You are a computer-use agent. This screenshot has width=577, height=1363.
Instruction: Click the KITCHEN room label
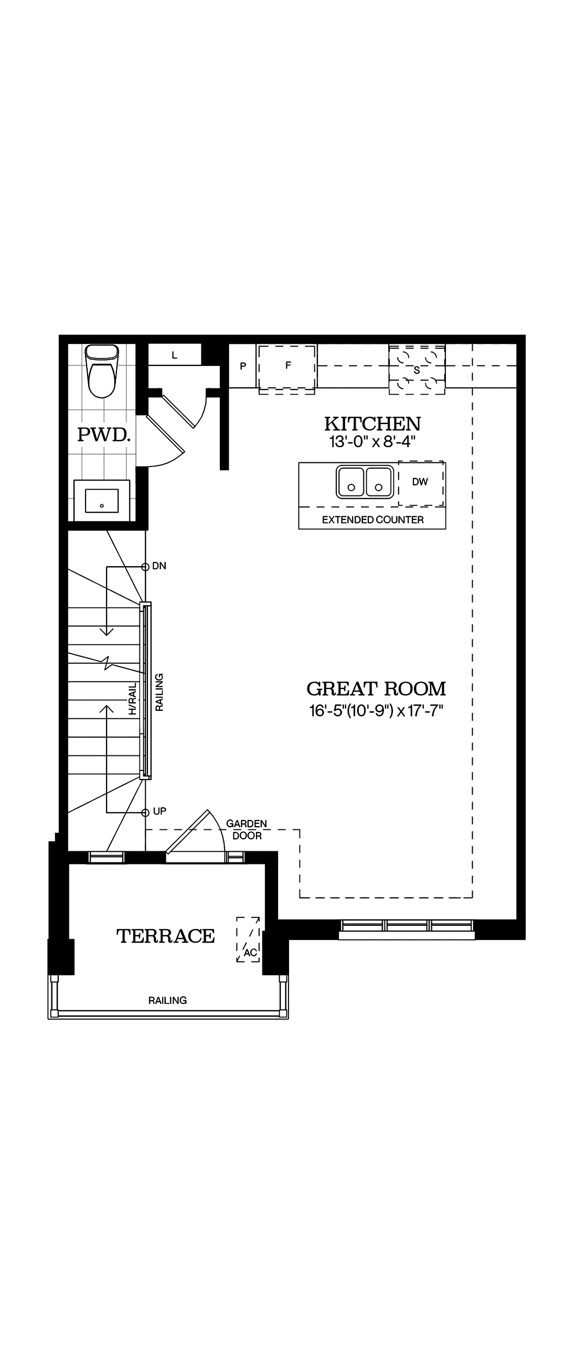point(372,424)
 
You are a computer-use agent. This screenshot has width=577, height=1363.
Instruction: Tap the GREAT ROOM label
point(376,688)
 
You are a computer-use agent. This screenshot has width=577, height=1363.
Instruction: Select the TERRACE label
point(165,936)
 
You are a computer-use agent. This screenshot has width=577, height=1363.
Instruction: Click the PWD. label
point(104,435)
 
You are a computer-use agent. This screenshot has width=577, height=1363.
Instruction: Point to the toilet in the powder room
point(102,372)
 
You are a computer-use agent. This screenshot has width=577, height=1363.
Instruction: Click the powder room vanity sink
point(102,501)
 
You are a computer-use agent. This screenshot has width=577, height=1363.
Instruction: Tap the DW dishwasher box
point(420,482)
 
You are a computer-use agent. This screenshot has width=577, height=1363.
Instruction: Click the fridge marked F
point(287,366)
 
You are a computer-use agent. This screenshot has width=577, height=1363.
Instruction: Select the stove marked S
point(416,370)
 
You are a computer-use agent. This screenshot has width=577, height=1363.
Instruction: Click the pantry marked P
point(243,366)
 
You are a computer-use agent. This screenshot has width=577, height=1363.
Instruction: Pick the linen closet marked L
point(174,355)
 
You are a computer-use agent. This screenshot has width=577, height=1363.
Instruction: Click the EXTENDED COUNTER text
point(372,520)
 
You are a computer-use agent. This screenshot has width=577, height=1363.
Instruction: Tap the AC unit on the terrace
point(249,939)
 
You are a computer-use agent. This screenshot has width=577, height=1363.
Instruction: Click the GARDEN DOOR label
point(247,830)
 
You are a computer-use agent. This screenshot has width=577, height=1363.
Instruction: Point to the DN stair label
point(159,566)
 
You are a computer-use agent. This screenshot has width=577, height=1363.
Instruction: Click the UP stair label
point(159,811)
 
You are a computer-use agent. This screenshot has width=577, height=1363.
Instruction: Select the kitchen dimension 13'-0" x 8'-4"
point(372,441)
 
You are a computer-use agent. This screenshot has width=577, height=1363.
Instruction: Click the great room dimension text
point(376,711)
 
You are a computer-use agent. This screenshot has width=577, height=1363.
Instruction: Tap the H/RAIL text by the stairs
point(132,699)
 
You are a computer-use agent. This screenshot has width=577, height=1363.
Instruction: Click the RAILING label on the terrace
point(167,1000)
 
